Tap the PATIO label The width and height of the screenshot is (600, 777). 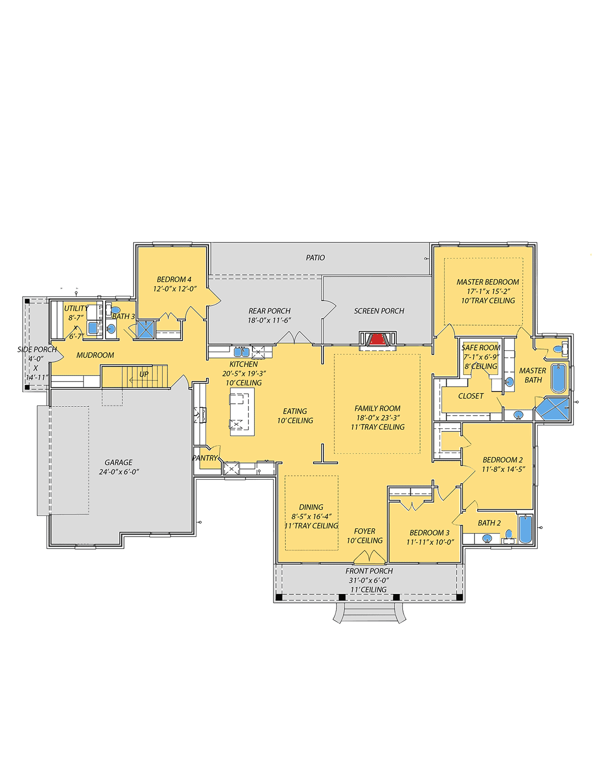[315, 257]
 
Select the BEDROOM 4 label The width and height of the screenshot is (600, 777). [174, 279]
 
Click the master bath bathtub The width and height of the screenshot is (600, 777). [558, 378]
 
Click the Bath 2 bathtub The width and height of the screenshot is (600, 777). [525, 529]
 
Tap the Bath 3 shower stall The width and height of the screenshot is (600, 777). [145, 330]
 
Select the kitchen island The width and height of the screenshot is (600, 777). [242, 411]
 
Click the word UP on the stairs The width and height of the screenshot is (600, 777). [144, 374]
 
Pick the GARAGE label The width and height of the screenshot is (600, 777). [118, 462]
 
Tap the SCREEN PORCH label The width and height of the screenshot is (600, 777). [379, 311]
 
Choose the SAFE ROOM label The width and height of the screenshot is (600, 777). [480, 347]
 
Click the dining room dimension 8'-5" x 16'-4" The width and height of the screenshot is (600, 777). [311, 516]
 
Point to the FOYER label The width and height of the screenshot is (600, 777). [364, 531]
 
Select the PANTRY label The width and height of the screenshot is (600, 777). [205, 458]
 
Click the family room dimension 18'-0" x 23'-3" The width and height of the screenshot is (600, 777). [377, 418]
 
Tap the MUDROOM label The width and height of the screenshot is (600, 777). [95, 355]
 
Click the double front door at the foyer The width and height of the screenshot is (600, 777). [369, 556]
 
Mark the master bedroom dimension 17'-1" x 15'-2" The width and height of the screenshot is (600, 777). [488, 291]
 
